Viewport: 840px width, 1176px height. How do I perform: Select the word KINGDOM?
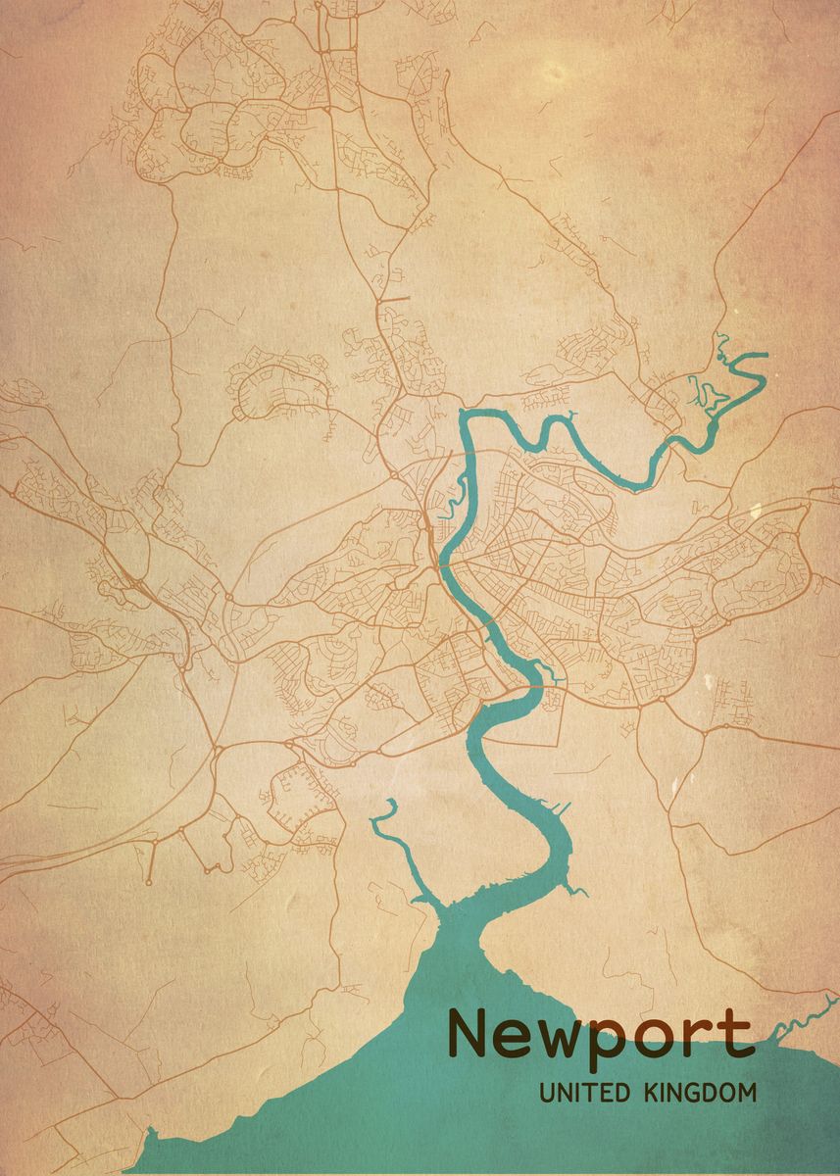[x=700, y=1093]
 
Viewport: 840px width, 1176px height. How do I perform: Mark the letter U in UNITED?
[x=546, y=1093]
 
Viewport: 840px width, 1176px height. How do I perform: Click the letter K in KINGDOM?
[x=652, y=1093]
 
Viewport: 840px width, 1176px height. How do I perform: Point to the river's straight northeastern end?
[x=750, y=356]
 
